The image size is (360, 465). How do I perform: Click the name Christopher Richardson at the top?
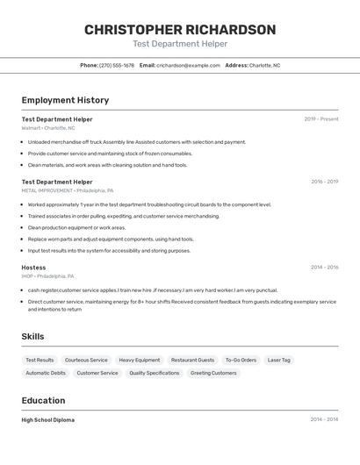pyautogui.click(x=180, y=30)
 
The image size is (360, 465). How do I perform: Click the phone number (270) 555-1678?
pyautogui.click(x=117, y=65)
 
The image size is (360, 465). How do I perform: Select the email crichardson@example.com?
pyautogui.click(x=188, y=65)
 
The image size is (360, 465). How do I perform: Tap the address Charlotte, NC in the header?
pyautogui.click(x=264, y=65)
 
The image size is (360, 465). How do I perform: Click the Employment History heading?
pyautogui.click(x=65, y=101)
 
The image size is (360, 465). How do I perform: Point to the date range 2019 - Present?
pyautogui.click(x=320, y=119)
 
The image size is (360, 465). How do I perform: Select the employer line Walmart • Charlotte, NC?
pyautogui.click(x=48, y=128)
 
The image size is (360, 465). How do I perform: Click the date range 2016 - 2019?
pyautogui.click(x=324, y=182)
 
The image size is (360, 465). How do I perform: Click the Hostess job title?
pyautogui.click(x=33, y=267)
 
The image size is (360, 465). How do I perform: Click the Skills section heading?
pyautogui.click(x=32, y=337)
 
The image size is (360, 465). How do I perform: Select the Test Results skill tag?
pyautogui.click(x=40, y=360)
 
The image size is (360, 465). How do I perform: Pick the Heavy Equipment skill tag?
pyautogui.click(x=140, y=360)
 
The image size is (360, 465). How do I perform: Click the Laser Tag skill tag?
pyautogui.click(x=280, y=360)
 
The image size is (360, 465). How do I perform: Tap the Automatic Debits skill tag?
pyautogui.click(x=46, y=373)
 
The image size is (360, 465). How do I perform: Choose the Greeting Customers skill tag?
pyautogui.click(x=213, y=373)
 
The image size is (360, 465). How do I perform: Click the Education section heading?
pyautogui.click(x=44, y=401)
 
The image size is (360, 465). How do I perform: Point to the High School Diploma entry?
pyautogui.click(x=48, y=419)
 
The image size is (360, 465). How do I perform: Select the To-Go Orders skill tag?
pyautogui.click(x=241, y=360)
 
